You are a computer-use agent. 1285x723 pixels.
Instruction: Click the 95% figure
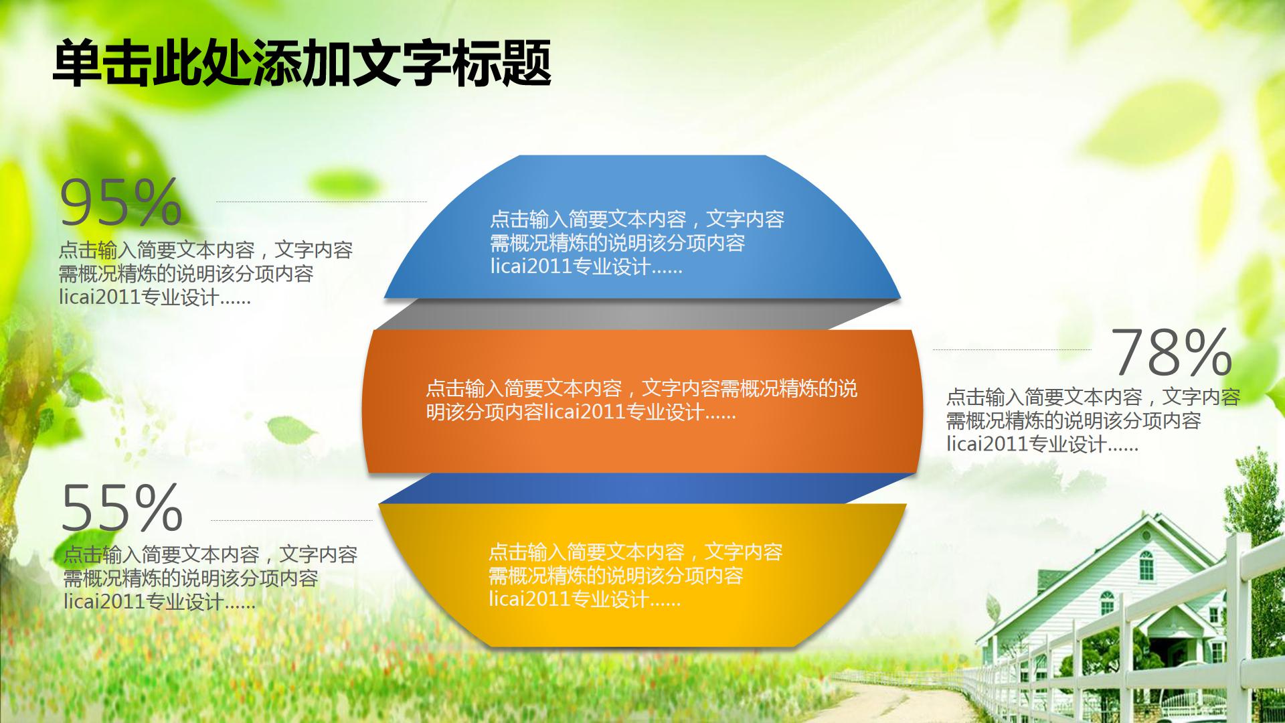coord(120,202)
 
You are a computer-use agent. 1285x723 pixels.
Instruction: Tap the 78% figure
coord(1171,353)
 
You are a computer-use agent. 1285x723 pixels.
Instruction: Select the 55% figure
coord(122,507)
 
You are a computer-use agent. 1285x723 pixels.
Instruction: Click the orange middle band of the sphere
coord(642,442)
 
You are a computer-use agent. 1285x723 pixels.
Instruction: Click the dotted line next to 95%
coord(321,201)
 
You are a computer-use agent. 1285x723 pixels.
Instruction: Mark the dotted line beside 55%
coord(291,520)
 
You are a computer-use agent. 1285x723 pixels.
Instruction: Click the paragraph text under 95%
coord(201,274)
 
